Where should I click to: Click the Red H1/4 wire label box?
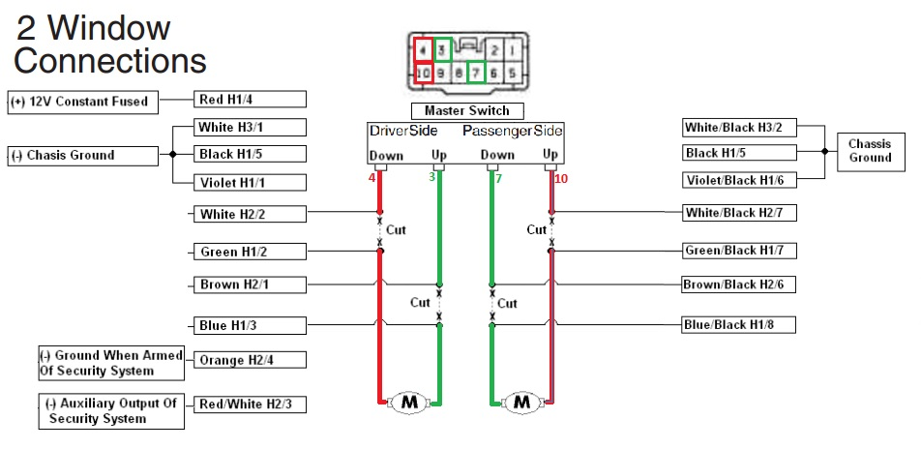click(250, 99)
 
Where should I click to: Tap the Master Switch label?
click(467, 110)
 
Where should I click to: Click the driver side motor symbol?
click(408, 401)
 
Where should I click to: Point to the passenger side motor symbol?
click(522, 401)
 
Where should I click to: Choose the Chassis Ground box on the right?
click(869, 151)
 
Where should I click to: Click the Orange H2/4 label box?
click(250, 360)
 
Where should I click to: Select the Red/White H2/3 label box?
click(250, 404)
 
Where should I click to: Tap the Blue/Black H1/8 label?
click(738, 325)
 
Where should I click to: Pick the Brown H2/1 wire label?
click(250, 285)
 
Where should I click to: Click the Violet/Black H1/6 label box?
click(738, 179)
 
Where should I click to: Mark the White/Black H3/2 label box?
click(738, 128)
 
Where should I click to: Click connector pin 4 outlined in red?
click(423, 48)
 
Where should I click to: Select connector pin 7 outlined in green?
click(474, 72)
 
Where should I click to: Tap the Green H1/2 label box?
click(250, 253)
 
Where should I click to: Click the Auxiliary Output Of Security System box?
click(111, 411)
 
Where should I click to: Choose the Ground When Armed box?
click(111, 363)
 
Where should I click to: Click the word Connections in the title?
click(110, 61)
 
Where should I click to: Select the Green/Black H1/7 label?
click(738, 252)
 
